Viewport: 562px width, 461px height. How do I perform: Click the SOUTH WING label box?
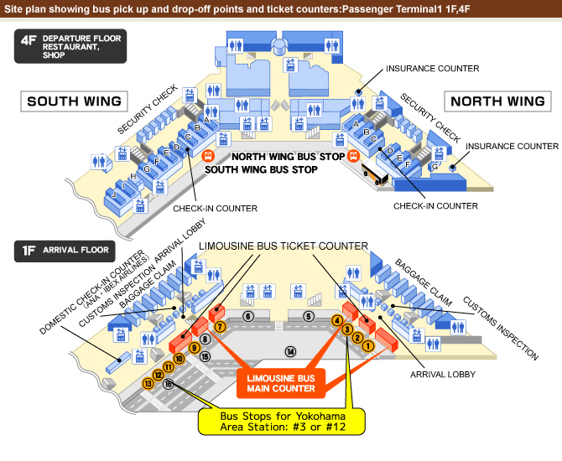74,101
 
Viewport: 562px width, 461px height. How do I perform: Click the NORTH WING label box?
497,101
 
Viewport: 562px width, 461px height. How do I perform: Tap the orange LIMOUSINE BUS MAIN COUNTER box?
281,383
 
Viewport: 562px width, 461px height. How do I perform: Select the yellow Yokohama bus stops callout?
282,422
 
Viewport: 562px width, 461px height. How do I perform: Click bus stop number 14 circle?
291,352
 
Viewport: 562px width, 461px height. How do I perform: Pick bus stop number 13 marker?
148,384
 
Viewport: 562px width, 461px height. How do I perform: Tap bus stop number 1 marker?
368,346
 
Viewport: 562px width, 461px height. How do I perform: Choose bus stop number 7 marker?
220,327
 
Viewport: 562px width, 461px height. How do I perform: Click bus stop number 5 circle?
309,316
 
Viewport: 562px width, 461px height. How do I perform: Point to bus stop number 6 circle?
248,316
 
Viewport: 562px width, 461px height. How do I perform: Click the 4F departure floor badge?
70,46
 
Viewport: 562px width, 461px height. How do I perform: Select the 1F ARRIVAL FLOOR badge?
65,251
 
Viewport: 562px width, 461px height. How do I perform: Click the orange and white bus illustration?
375,174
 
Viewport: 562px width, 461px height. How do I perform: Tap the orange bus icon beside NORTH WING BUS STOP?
353,155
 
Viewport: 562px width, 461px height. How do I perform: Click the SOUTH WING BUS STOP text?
261,169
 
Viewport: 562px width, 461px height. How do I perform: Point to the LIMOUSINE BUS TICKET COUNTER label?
284,246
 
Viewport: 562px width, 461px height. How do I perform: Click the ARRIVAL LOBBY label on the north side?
443,375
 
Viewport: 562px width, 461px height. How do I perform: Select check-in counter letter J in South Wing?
114,194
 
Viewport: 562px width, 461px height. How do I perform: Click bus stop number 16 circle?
168,384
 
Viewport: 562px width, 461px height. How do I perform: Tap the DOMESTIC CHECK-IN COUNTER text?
91,293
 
